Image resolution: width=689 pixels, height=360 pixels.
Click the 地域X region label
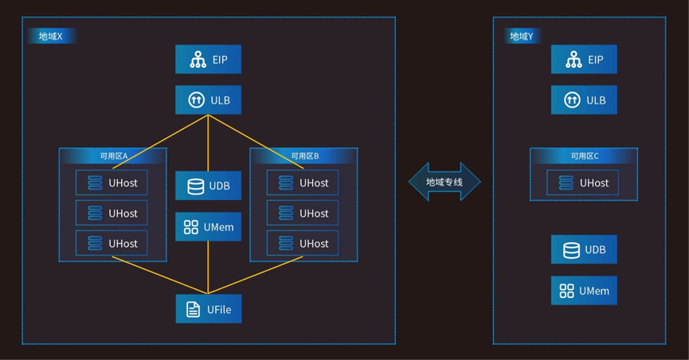50,36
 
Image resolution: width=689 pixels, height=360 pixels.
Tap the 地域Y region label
522,36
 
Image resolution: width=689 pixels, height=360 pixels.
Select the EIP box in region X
208,60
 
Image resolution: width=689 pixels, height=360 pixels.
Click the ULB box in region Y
584,100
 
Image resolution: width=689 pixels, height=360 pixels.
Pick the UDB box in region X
208,186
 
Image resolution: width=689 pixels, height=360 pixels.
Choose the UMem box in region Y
584,291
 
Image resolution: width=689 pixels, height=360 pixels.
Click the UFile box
209,309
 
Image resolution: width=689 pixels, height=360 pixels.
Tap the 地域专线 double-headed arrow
444,182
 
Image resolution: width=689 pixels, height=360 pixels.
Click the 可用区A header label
113,156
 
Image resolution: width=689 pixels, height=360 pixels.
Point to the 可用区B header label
305,156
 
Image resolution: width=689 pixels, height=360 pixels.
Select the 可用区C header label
585,156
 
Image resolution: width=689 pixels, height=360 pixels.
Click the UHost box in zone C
582,182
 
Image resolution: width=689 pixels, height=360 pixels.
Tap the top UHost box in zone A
112,182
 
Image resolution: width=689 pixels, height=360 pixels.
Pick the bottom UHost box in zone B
303,243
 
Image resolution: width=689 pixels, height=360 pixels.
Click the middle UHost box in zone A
112,213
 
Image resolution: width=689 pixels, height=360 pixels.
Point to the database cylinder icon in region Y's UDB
571,249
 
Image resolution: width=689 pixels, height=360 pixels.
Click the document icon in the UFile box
193,310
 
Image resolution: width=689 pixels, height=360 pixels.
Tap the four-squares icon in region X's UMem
190,227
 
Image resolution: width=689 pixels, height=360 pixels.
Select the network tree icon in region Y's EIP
574,60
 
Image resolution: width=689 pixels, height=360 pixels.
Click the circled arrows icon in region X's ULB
197,100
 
